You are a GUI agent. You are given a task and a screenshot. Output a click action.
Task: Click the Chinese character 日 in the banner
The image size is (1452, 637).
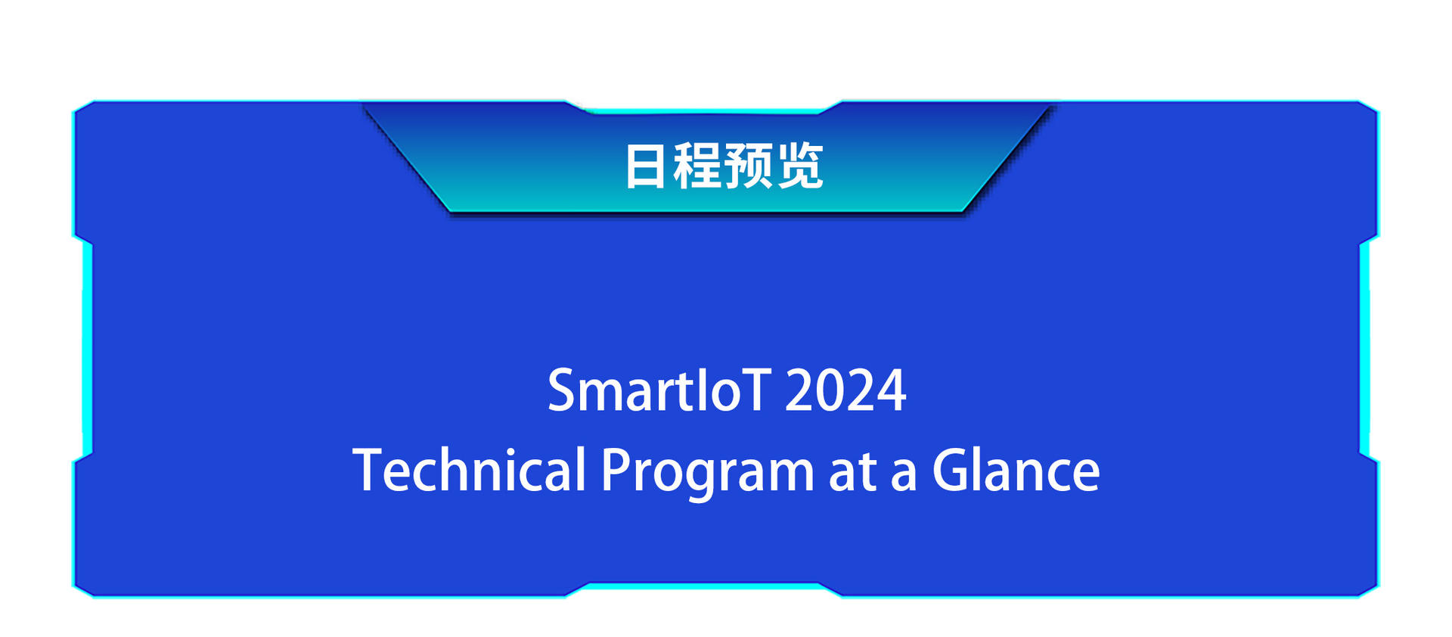point(645,166)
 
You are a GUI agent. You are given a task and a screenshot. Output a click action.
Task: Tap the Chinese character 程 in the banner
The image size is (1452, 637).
point(697,166)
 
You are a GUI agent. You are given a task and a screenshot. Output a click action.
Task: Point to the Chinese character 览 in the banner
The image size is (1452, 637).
point(799,166)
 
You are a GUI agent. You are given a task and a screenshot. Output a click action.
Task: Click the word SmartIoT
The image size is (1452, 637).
point(659,390)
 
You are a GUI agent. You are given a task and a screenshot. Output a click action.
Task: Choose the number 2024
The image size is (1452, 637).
point(845,391)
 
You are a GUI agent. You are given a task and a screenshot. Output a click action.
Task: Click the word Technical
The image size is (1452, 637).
point(469,470)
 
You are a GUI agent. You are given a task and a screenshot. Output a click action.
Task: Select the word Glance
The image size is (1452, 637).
point(1016,470)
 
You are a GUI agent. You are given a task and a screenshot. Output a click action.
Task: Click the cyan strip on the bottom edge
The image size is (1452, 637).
point(703,586)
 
